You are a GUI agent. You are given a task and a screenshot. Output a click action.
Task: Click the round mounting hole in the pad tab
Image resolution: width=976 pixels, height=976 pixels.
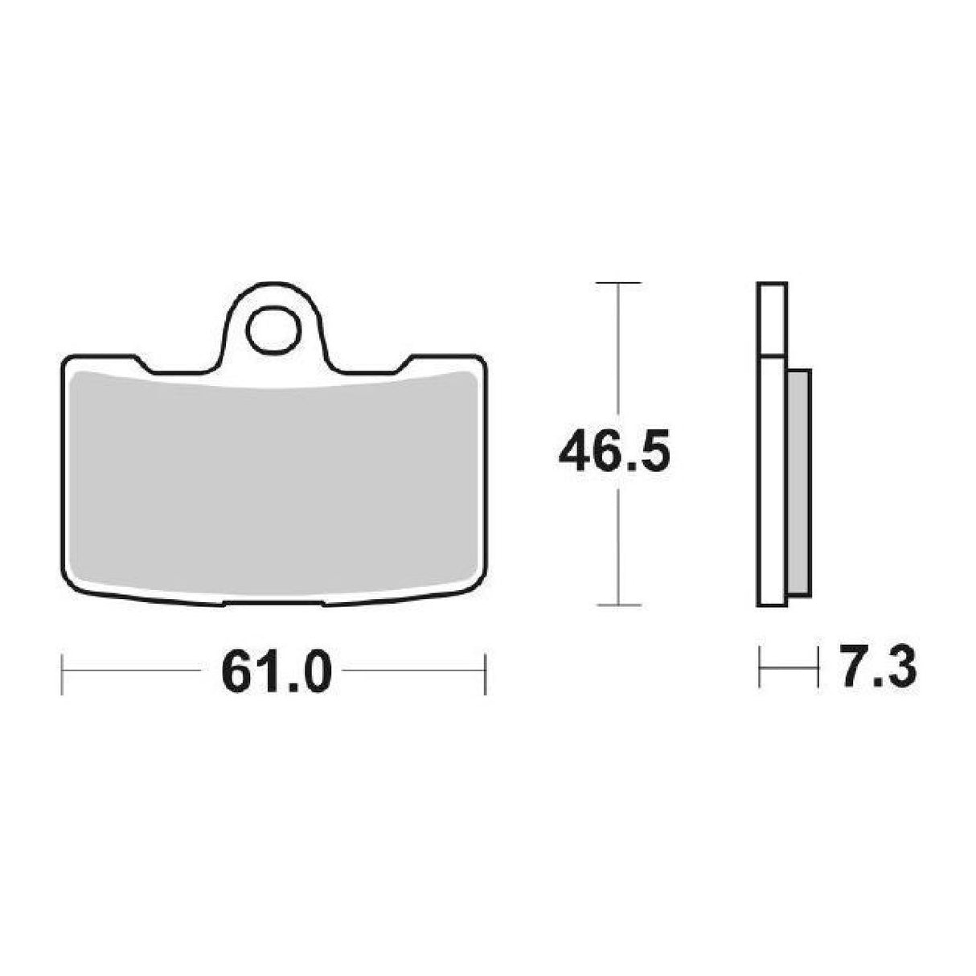pos(273,330)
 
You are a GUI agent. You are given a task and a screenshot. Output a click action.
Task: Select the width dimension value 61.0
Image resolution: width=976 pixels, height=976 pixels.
pos(276,672)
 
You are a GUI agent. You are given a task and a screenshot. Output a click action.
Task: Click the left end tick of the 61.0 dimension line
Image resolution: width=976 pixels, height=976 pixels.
pos(63,673)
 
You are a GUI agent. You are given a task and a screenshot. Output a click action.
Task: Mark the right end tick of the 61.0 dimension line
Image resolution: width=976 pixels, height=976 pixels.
pos(485,673)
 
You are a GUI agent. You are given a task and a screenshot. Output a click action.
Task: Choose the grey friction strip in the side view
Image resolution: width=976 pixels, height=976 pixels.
pos(799,482)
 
